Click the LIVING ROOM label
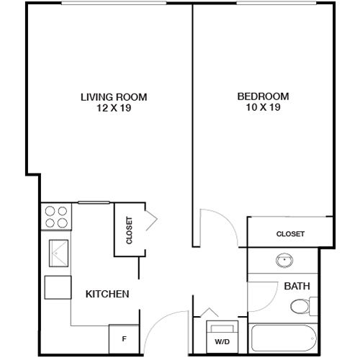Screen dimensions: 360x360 click(114, 97)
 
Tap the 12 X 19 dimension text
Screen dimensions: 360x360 click(114, 108)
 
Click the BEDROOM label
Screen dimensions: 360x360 click(263, 96)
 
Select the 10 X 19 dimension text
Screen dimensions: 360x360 click(263, 107)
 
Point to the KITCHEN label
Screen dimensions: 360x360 click(107, 294)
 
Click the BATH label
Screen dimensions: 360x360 click(297, 286)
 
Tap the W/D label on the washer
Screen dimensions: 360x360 click(222, 342)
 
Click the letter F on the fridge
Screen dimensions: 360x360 click(124, 339)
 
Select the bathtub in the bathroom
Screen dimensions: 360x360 click(284, 338)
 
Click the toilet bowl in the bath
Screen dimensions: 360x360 click(300, 306)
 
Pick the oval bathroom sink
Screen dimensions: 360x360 click(284, 261)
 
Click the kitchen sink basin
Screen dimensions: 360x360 click(59, 253)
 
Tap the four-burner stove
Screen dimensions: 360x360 click(56, 217)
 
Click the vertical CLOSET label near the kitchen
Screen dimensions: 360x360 click(130, 230)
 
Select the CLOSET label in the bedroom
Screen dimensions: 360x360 click(290, 234)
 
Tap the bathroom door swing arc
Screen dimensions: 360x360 click(271, 303)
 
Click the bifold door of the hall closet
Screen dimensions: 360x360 click(152, 220)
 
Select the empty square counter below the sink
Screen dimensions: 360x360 click(58, 287)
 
